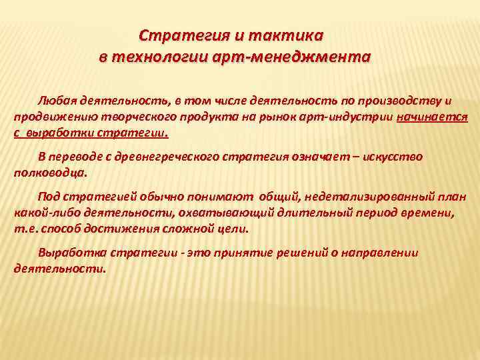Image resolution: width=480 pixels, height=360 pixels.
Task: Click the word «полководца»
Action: point(49,172)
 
